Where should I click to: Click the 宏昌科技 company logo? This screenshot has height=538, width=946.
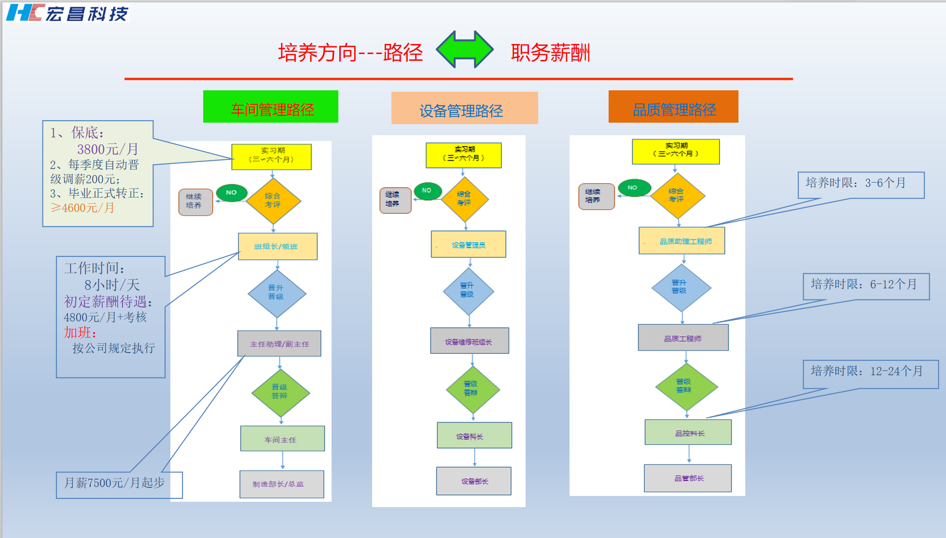(67, 13)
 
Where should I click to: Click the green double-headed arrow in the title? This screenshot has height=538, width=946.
(464, 49)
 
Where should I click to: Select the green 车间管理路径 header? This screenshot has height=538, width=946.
(271, 107)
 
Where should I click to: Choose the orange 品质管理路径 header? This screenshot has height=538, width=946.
(673, 107)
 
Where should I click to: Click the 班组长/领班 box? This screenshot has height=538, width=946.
(278, 246)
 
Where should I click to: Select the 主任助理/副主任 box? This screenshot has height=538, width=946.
(279, 343)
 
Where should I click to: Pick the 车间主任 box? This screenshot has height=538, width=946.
(282, 439)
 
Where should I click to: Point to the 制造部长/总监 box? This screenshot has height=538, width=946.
(282, 484)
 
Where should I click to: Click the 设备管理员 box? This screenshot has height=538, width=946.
(468, 244)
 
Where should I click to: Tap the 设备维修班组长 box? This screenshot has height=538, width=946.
(469, 341)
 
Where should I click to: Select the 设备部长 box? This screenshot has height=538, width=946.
(473, 481)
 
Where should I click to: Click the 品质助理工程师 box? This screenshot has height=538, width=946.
(682, 241)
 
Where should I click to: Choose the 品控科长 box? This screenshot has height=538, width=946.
(688, 432)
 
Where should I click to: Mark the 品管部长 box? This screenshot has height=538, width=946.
(688, 478)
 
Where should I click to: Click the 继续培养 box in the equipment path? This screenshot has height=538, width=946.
(395, 200)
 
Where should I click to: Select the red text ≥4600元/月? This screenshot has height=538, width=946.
(83, 208)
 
